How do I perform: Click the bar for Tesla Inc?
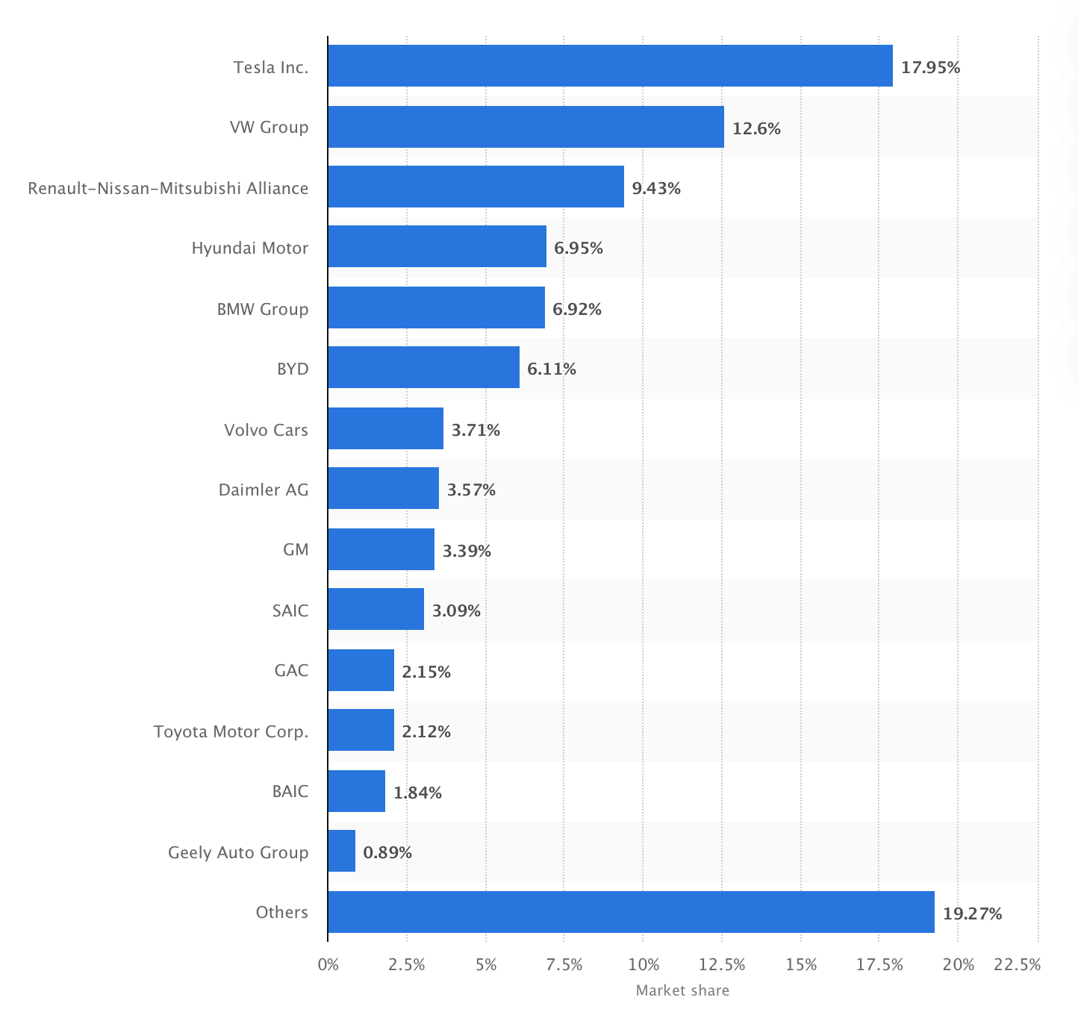[x=610, y=66]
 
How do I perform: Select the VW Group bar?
[x=526, y=127]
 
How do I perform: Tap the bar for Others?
[x=631, y=912]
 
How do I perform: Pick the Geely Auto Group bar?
[x=342, y=851]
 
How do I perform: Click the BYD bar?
[x=423, y=367]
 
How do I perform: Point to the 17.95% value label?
[x=930, y=68]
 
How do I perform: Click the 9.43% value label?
[x=656, y=188]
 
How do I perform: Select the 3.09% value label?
[x=456, y=610]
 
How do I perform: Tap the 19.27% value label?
[x=972, y=913]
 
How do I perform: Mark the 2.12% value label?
[x=426, y=731]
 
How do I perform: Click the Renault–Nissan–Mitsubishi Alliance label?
[x=168, y=188]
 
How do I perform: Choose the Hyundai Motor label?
[x=249, y=248]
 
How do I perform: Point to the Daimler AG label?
[x=263, y=490]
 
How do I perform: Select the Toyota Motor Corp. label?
[x=231, y=731]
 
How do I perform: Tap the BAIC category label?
[x=290, y=791]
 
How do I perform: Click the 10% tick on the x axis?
[x=644, y=964]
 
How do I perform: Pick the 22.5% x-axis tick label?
[x=1017, y=964]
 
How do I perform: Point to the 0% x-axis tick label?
[x=328, y=964]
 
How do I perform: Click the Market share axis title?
[x=682, y=990]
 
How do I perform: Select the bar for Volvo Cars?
[x=385, y=428]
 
